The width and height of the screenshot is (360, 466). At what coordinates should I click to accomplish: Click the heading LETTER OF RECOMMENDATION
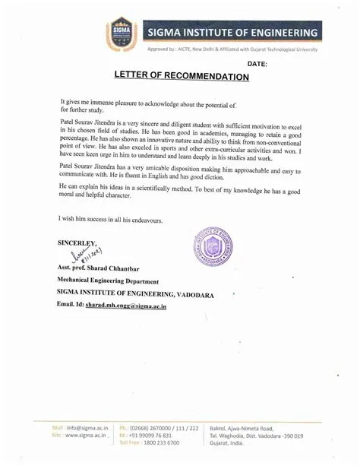tap(182, 77)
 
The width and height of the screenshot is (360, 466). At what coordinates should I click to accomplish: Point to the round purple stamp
tap(208, 252)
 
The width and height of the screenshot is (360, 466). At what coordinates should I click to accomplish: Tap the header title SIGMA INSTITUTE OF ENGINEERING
tap(232, 33)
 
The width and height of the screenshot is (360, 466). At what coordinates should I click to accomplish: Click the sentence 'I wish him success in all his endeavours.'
tap(110, 219)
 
